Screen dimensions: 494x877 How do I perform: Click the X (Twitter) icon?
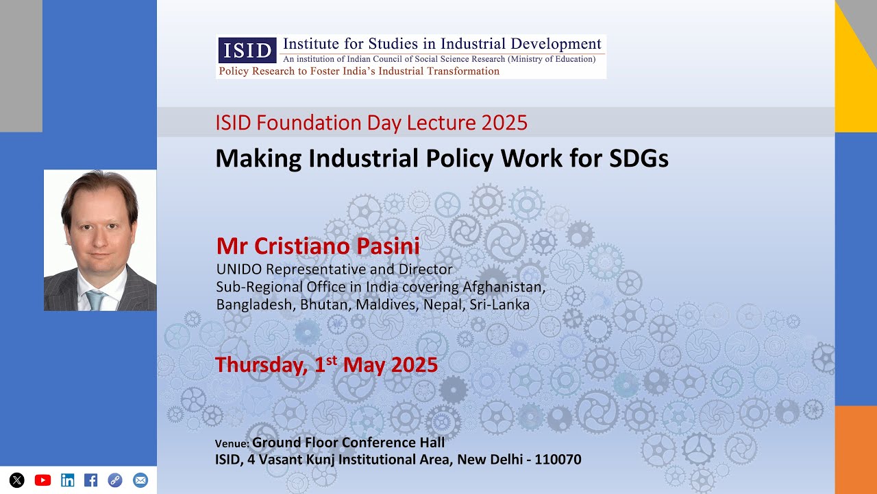click(x=17, y=480)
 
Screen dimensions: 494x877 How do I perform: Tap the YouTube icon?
click(x=42, y=480)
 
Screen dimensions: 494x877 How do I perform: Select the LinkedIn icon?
click(x=67, y=480)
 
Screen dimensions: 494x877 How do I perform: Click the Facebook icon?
click(x=90, y=480)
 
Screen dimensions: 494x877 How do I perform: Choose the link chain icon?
click(x=115, y=480)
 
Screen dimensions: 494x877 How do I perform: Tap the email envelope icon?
click(x=140, y=480)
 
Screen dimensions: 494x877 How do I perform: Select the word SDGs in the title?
click(x=638, y=158)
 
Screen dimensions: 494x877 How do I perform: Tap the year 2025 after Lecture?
click(x=504, y=123)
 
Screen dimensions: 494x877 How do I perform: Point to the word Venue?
click(x=232, y=444)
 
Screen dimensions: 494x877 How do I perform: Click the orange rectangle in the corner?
click(x=856, y=449)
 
